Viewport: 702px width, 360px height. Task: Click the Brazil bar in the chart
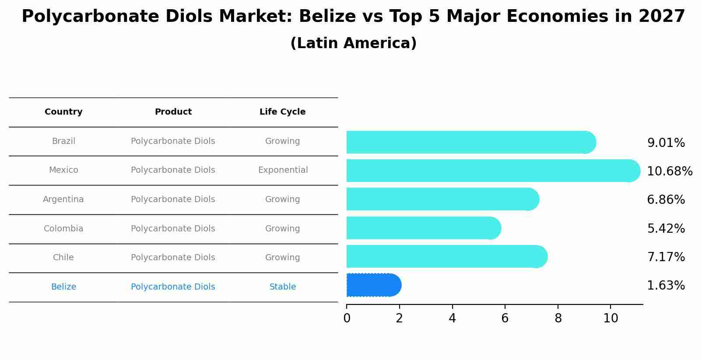click(470, 142)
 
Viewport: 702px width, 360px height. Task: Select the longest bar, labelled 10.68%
click(492, 171)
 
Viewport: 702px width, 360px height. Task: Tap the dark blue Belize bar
click(373, 285)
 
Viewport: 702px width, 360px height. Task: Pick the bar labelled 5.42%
click(423, 228)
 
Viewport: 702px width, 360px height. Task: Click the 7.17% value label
click(666, 257)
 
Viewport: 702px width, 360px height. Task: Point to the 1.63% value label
click(666, 286)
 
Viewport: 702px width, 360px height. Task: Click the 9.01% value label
click(666, 143)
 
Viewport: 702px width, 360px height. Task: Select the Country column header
click(63, 112)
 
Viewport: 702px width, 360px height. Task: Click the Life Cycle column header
click(282, 112)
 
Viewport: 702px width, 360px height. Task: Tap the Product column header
click(173, 112)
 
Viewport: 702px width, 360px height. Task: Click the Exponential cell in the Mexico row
click(283, 170)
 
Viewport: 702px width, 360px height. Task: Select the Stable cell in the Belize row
click(283, 287)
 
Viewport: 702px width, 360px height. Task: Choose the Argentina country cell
click(63, 199)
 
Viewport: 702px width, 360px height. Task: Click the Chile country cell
click(63, 258)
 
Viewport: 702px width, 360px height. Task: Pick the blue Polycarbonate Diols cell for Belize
click(173, 287)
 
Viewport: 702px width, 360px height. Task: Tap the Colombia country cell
click(63, 229)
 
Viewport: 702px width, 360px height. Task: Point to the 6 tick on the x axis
click(505, 318)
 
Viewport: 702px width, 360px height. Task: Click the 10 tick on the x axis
click(611, 318)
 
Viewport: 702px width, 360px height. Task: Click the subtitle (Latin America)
click(353, 43)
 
